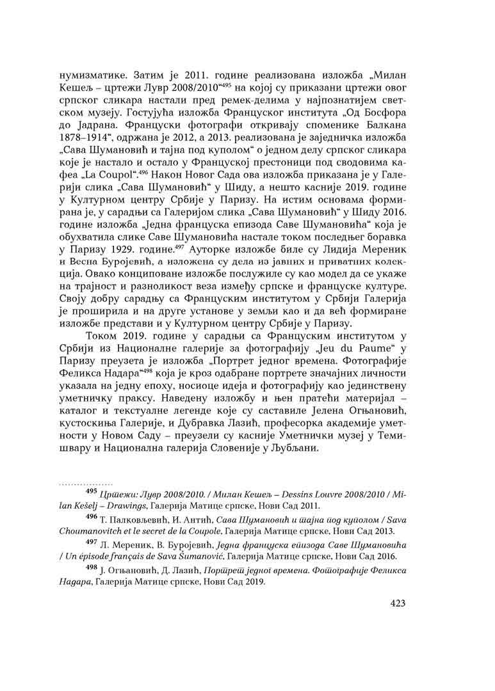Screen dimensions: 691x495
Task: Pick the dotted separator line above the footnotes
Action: pyautogui.click(x=86, y=484)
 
